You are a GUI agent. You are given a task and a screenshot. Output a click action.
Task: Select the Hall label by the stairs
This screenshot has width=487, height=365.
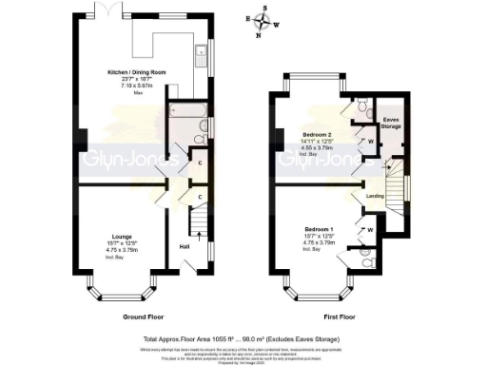point(186,248)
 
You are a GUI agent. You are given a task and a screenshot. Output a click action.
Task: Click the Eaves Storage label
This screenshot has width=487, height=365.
point(390,121)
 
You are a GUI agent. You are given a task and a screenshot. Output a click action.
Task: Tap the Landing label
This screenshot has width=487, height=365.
point(375,197)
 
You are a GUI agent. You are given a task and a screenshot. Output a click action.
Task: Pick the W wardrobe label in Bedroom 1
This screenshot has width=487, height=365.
point(371,227)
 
